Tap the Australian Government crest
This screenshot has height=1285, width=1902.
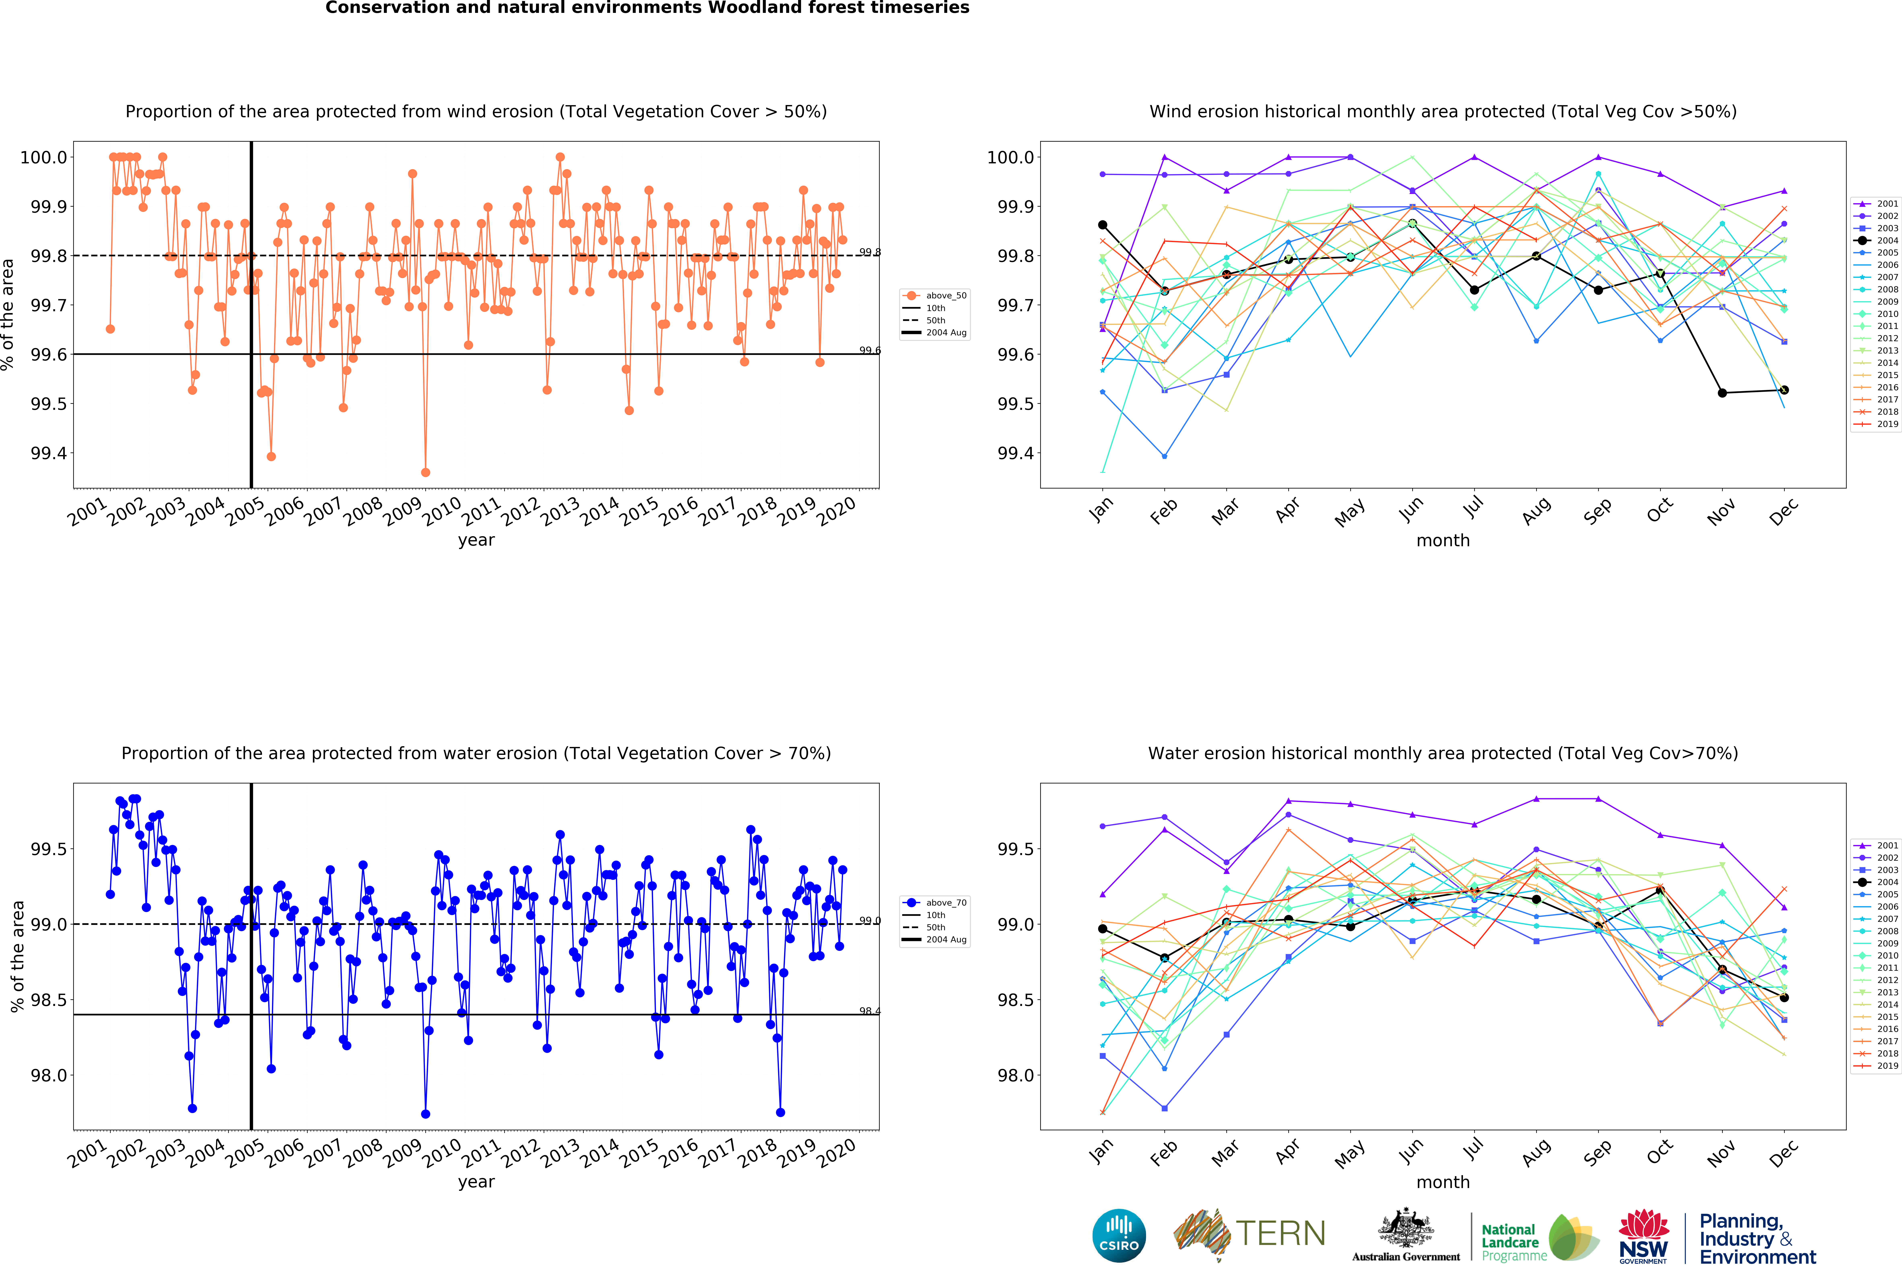pos(1405,1229)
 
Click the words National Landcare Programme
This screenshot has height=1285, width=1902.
pos(1513,1242)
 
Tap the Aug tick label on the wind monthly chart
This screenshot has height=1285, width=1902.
pos(1536,509)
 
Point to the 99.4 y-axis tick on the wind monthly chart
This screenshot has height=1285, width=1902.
pos(1015,453)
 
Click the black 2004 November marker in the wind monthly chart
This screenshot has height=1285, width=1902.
pos(1722,393)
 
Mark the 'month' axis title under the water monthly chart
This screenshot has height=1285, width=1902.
pos(1443,1182)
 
